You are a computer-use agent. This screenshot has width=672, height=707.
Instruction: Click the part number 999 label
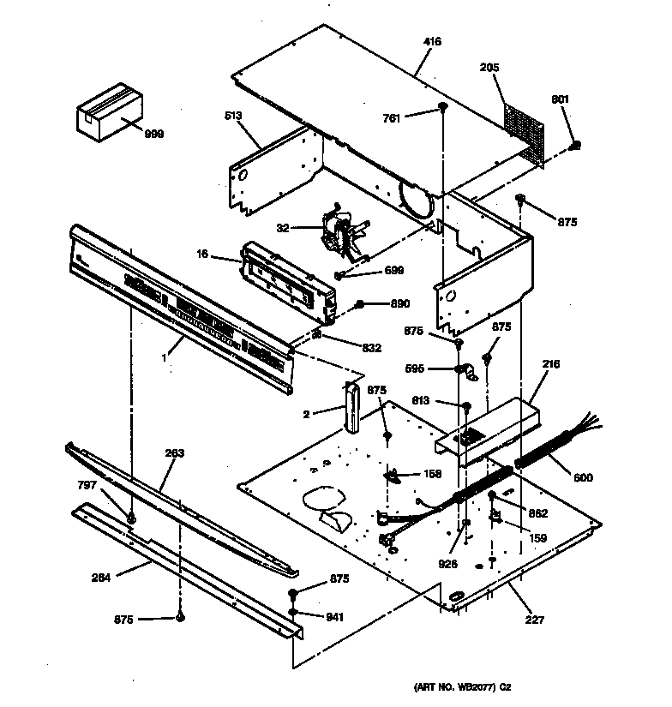153,134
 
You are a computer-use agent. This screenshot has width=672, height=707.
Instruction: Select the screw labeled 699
339,275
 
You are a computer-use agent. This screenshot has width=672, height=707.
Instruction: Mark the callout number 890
399,303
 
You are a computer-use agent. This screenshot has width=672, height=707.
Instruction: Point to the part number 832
370,347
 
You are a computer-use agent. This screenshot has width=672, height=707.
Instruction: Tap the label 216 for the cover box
550,364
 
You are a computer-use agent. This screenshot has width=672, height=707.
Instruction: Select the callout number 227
536,620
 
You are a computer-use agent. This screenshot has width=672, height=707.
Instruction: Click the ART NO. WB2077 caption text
463,686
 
